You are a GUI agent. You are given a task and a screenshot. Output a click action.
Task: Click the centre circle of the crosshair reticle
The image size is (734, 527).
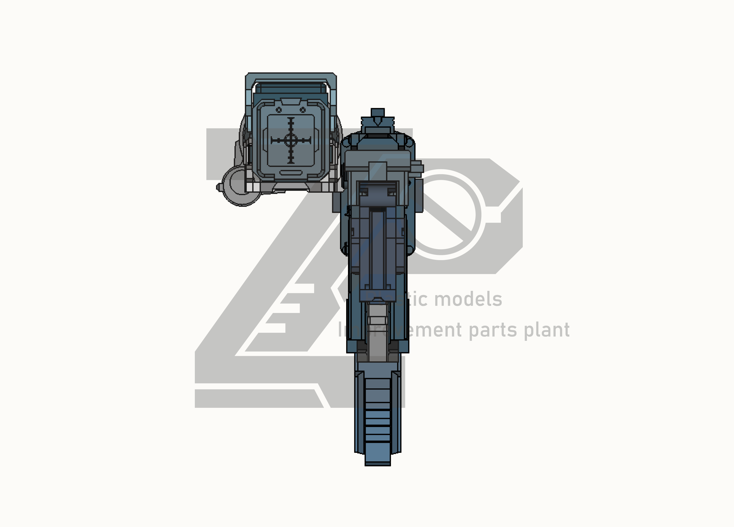point(291,140)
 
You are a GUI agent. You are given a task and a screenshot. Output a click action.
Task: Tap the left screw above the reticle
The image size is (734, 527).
point(279,110)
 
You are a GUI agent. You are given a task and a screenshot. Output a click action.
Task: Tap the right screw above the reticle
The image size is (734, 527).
point(303,110)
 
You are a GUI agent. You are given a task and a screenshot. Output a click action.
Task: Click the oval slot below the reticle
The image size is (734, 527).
point(290,172)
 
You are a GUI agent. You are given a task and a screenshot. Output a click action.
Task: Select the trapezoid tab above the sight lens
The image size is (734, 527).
point(291,102)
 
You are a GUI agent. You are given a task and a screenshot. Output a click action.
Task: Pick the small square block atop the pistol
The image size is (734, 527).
point(377,112)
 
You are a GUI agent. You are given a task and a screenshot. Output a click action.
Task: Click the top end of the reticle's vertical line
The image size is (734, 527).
point(291,118)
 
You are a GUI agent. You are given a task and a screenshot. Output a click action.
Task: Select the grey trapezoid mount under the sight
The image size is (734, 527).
point(291,187)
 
